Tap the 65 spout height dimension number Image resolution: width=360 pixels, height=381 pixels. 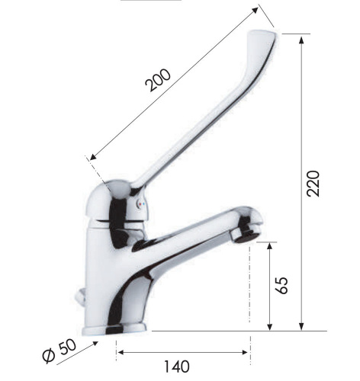pyautogui.click(x=283, y=286)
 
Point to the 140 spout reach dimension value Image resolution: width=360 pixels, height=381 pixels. pyautogui.click(x=175, y=367)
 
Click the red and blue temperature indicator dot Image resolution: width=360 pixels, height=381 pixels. pyautogui.click(x=139, y=204)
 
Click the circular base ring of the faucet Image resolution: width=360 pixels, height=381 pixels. pyautogui.click(x=126, y=330)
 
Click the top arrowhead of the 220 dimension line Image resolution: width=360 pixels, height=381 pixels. pyautogui.click(x=303, y=38)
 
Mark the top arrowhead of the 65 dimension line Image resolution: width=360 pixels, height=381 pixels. pyautogui.click(x=271, y=245)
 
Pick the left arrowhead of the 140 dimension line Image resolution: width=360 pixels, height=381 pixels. pyautogui.click(x=120, y=353)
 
